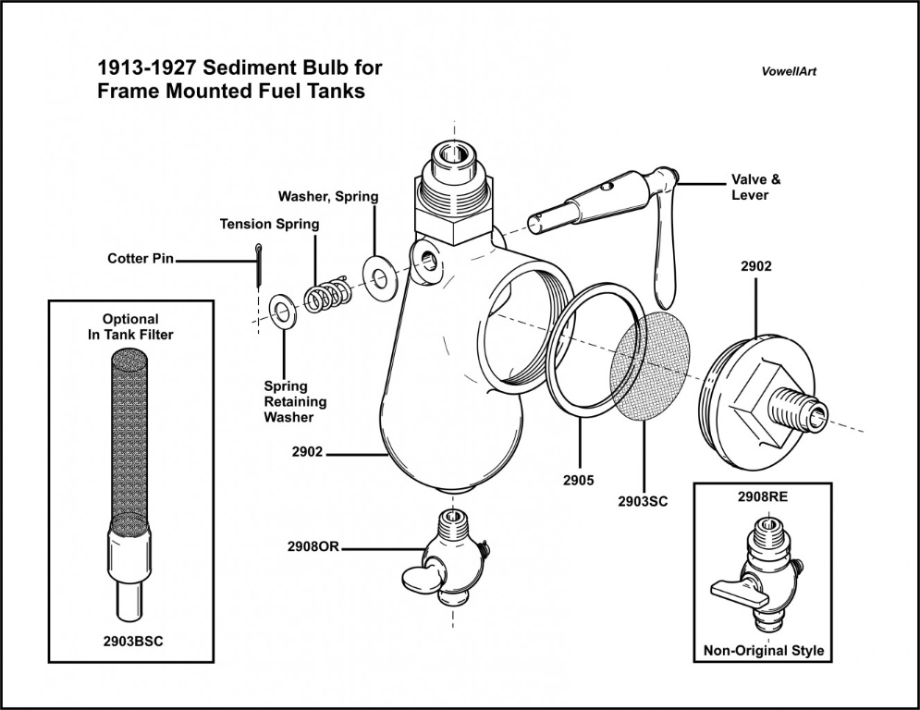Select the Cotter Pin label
click(141, 259)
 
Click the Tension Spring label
click(269, 224)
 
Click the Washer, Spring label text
click(328, 197)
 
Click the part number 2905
click(578, 480)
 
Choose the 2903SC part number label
click(643, 501)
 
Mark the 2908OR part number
click(314, 547)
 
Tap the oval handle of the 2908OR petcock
click(421, 578)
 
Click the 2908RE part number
click(763, 496)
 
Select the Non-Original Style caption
click(763, 650)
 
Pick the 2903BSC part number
click(130, 641)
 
